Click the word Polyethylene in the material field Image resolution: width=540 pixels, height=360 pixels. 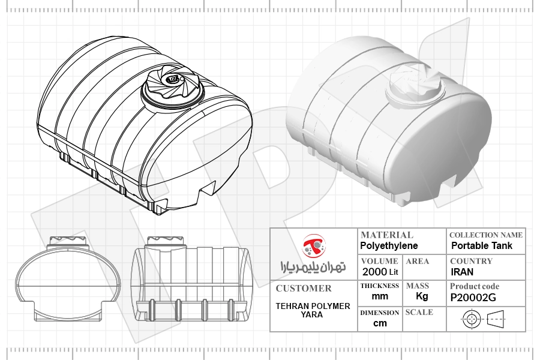click(x=389, y=245)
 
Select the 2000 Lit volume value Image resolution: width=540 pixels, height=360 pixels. click(x=380, y=272)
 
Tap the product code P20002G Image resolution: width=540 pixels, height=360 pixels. click(x=473, y=298)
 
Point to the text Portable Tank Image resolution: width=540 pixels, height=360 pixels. click(x=482, y=245)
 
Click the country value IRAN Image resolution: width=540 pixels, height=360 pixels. click(x=462, y=272)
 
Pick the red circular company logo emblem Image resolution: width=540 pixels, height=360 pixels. click(x=314, y=245)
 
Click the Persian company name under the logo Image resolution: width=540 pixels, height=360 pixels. click(x=313, y=266)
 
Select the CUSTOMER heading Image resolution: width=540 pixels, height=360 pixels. click(x=304, y=289)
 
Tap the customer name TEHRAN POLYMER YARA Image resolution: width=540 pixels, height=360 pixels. click(x=313, y=310)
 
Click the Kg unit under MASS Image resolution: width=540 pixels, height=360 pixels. click(x=422, y=296)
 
